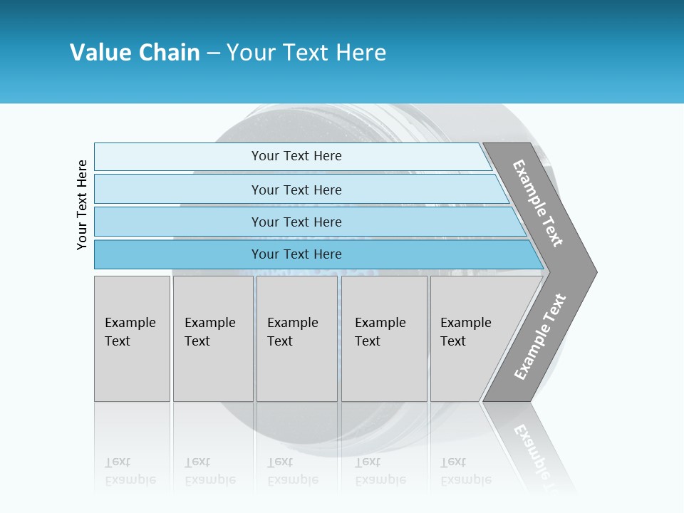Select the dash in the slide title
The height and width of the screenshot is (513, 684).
pyautogui.click(x=213, y=53)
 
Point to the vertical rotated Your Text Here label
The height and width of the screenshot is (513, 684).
pyautogui.click(x=83, y=204)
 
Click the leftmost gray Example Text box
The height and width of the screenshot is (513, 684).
pyautogui.click(x=132, y=338)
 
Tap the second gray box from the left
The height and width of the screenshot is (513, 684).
pyautogui.click(x=212, y=338)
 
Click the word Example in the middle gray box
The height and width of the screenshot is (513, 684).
pyautogui.click(x=292, y=323)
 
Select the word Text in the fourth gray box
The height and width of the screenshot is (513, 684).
pyautogui.click(x=368, y=341)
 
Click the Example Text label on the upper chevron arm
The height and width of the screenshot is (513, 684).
pyautogui.click(x=538, y=204)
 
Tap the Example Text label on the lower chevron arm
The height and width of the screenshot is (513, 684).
pyautogui.click(x=540, y=337)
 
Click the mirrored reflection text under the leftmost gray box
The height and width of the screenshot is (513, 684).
pyautogui.click(x=130, y=471)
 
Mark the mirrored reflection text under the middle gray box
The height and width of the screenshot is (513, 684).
pyautogui.click(x=292, y=471)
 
